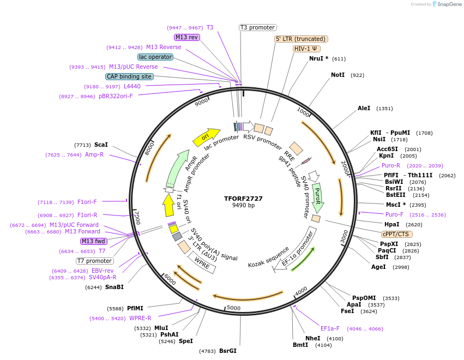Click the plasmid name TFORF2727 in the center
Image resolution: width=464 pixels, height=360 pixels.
point(243,199)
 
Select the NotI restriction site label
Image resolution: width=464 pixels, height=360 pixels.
point(338,75)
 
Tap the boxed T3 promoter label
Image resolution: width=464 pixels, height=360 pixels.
point(258,27)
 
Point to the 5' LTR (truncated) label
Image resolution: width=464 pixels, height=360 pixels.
point(300,39)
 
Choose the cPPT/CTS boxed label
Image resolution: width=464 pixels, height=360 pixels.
point(395,234)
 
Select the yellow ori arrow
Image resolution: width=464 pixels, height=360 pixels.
point(206,136)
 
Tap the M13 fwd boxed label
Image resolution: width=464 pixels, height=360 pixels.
point(94,241)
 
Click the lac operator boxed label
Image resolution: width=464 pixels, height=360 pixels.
point(155,57)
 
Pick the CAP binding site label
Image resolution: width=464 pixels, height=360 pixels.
point(129,77)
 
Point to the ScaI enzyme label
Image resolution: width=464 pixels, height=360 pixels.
point(101,145)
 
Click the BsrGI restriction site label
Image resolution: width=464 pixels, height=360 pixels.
point(228,351)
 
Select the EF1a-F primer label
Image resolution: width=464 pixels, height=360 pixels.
point(330,328)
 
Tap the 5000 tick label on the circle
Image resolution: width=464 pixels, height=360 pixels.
point(233,308)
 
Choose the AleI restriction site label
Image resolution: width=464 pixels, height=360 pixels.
point(364,108)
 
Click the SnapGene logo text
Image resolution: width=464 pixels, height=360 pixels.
point(447,4)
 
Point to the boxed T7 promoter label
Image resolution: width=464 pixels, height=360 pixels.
point(95,261)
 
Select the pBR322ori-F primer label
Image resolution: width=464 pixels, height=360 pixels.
point(116,96)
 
